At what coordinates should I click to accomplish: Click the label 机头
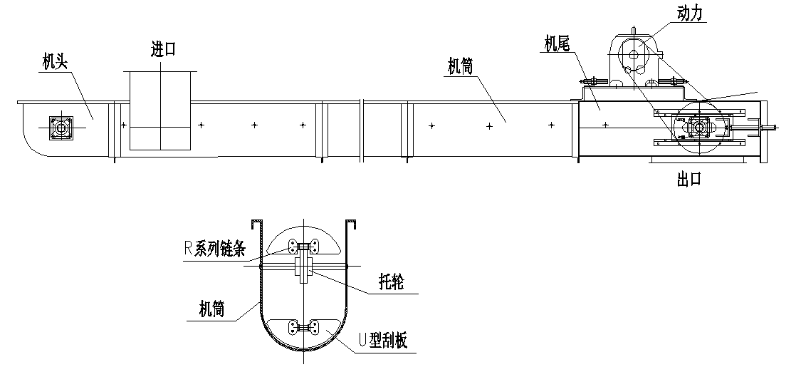click(55, 63)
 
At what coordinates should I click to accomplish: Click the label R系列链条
click(214, 249)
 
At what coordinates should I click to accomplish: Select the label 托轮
click(391, 284)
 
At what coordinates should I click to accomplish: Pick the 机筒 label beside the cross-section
click(212, 309)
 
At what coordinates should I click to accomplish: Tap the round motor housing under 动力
click(633, 53)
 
